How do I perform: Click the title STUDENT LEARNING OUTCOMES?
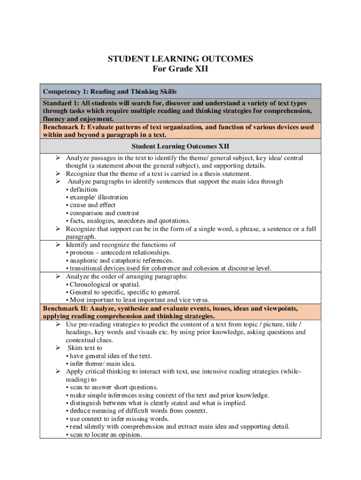click(x=180, y=59)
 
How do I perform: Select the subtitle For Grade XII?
click(x=180, y=69)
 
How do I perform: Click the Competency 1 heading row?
click(x=110, y=91)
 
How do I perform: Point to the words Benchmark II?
click(x=64, y=308)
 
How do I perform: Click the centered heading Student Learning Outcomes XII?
click(x=180, y=146)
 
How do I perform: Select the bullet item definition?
click(x=83, y=189)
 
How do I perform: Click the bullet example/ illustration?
click(x=98, y=197)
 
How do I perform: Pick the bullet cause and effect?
click(x=93, y=205)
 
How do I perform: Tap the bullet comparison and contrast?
click(x=104, y=213)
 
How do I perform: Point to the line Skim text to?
click(x=85, y=348)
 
